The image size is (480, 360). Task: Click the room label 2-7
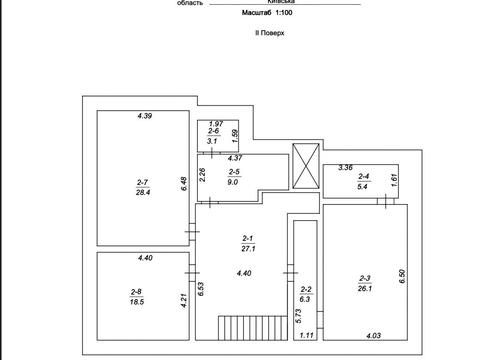point(142,182)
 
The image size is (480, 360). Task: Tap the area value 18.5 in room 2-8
point(137,302)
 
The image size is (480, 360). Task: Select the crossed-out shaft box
point(306,166)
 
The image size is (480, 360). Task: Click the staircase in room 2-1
point(253,328)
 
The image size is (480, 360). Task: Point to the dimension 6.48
point(184,184)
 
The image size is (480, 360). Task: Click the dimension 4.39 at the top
point(145,116)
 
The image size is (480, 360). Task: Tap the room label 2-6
point(213,131)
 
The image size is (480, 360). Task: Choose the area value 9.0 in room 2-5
point(233,182)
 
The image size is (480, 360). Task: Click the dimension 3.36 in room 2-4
point(345,167)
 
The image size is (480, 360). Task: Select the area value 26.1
point(365,288)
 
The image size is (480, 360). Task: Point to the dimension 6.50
point(402,276)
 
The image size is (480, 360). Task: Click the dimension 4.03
point(373,336)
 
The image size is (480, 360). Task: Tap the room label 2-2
point(306,289)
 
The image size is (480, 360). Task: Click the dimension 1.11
point(306,335)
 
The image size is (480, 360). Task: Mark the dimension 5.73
point(298,316)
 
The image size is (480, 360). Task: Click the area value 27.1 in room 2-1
point(248,248)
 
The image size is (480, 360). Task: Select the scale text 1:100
point(284,13)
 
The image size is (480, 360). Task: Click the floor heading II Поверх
point(269,33)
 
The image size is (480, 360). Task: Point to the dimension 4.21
point(184,300)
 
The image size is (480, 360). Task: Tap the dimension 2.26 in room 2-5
point(202,175)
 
